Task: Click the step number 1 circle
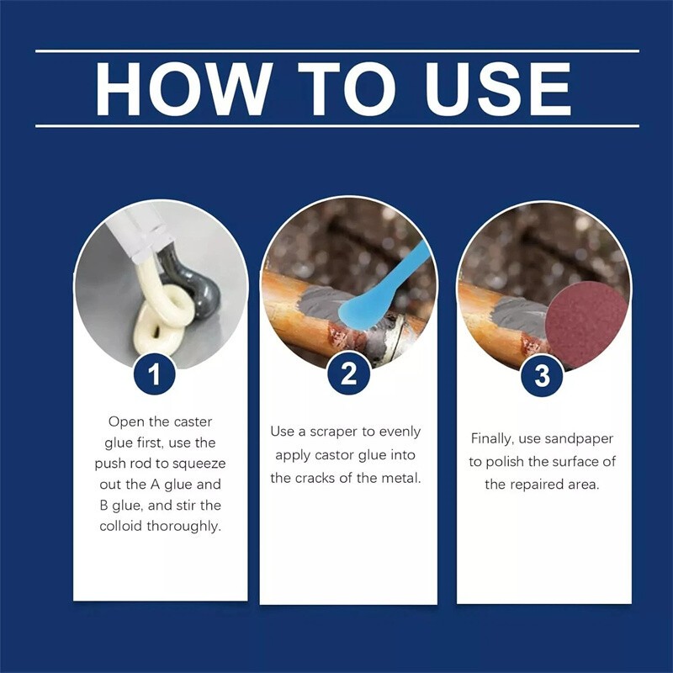(x=156, y=373)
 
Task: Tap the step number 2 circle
(x=348, y=373)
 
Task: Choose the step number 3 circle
(x=542, y=373)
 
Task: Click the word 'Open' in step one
(x=125, y=421)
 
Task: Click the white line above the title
(x=336, y=51)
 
